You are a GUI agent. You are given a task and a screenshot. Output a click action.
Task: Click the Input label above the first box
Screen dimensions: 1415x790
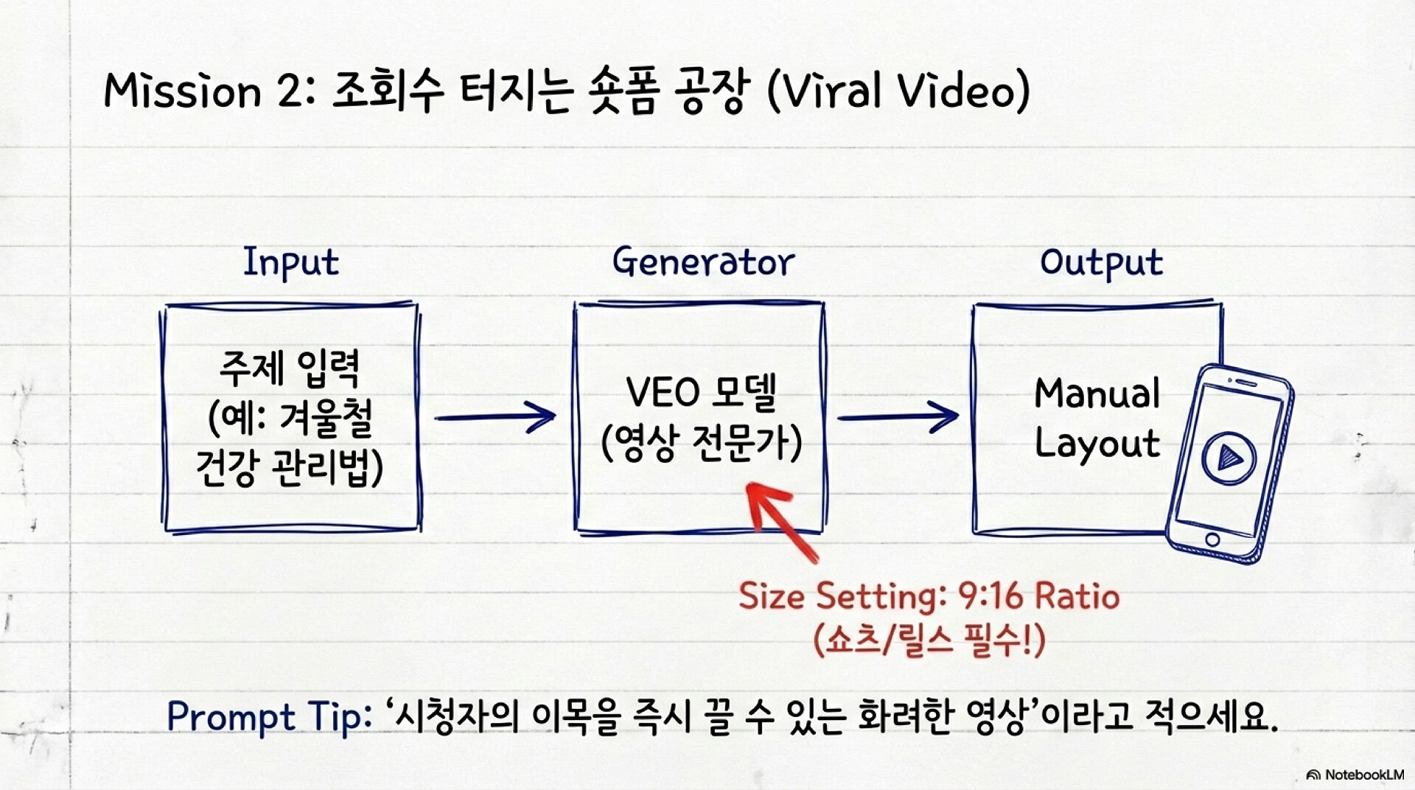[291, 263]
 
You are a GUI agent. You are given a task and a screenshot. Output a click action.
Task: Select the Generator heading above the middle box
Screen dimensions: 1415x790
[704, 262]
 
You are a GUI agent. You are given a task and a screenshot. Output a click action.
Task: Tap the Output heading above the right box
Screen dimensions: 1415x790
[1102, 263]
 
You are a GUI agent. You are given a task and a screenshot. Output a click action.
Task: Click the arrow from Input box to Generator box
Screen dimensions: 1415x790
[495, 417]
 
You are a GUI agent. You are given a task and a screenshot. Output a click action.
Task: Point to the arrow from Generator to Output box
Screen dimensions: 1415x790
[898, 417]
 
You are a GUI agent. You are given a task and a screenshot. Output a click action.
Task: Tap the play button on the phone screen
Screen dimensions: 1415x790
[1229, 457]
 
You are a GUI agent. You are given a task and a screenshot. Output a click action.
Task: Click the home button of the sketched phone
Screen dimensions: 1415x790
[1212, 540]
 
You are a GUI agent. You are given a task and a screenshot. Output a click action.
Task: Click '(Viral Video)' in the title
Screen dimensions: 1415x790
[898, 91]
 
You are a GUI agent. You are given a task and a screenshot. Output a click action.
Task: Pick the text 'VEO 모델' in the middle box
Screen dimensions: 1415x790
[701, 392]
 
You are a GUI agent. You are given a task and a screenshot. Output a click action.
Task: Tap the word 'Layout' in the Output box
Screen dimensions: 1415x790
[1097, 444]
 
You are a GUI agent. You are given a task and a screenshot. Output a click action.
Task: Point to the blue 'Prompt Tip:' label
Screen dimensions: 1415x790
[270, 716]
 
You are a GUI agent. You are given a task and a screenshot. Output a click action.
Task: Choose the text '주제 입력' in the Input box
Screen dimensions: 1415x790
[290, 368]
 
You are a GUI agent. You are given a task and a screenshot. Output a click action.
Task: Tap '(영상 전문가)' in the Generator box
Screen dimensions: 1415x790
[702, 443]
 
